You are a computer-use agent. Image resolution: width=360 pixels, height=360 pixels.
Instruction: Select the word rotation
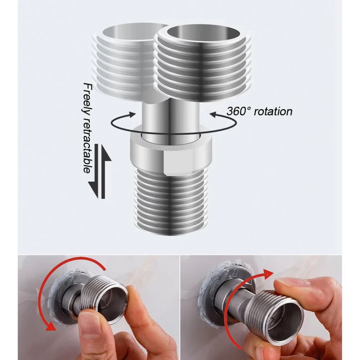273,112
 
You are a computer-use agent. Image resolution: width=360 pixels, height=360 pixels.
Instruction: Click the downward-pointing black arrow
95,171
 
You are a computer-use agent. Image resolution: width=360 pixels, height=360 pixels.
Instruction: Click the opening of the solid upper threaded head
203,34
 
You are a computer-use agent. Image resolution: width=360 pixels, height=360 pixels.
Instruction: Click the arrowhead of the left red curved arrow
51,325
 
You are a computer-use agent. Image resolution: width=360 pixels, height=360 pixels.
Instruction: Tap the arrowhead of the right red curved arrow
268,275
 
